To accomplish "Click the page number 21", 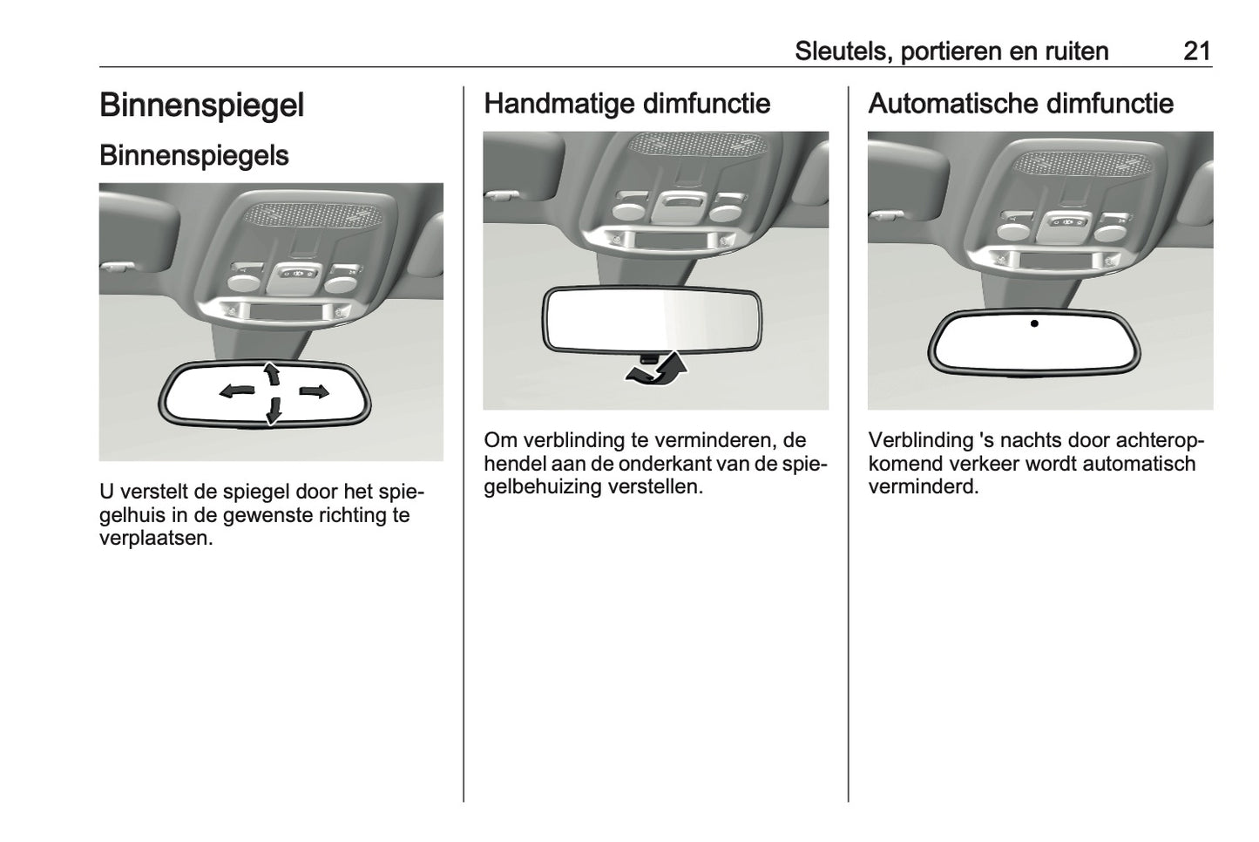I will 1196,51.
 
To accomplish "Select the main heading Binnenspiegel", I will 201,105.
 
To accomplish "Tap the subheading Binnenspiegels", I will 193,155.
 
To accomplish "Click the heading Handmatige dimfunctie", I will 626,104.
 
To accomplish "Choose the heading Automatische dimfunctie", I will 1020,104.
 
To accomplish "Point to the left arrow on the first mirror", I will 237,391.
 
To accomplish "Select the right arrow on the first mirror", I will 313,391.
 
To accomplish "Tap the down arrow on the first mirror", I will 274,410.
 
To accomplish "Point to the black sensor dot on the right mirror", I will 1034,323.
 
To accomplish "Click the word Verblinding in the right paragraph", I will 920,441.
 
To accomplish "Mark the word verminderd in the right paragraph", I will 923,486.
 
